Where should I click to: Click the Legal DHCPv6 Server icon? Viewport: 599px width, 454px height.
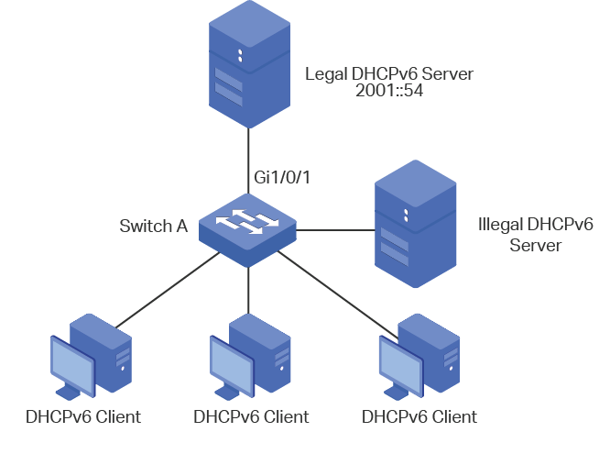pos(249,64)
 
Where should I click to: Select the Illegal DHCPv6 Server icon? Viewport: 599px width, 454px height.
pos(415,224)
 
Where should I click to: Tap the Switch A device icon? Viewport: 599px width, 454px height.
pos(247,230)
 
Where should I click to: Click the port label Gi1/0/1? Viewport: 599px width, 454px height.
pos(282,177)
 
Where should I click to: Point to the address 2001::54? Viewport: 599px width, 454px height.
pos(389,91)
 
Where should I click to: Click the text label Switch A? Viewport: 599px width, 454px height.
pos(154,226)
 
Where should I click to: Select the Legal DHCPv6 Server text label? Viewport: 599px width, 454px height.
pos(389,73)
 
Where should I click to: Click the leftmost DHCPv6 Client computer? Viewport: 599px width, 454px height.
pos(92,357)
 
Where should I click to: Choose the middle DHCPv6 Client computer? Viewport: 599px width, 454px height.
pos(250,357)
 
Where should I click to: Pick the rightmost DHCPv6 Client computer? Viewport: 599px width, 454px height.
pos(419,357)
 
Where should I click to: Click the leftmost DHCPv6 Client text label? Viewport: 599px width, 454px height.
pos(83,417)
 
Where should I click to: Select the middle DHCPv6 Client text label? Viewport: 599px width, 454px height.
pos(251,417)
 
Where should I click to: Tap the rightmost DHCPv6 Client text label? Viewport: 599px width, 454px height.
pos(419,417)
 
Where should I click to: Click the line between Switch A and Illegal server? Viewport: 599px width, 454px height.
pos(335,230)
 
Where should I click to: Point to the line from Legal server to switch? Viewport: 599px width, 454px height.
pos(249,161)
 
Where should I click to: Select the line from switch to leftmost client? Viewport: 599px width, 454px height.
pos(168,291)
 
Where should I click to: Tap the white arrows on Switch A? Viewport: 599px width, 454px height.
pos(247,221)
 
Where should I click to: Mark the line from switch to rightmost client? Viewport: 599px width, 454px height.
pos(338,295)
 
